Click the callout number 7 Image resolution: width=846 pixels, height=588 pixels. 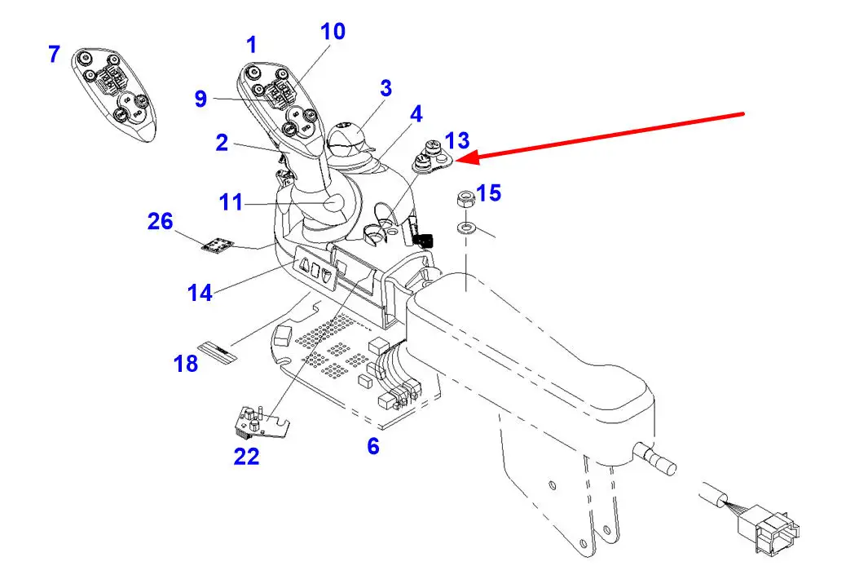54,55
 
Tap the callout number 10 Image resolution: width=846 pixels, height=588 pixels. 333,33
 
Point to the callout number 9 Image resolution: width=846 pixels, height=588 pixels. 200,99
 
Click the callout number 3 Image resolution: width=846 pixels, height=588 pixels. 386,88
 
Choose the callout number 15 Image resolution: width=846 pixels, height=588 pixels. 489,193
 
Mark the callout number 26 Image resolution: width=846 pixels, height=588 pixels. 160,220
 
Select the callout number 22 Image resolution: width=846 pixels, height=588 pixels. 246,457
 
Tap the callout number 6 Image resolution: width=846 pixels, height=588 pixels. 372,446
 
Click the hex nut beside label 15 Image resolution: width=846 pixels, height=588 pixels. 462,200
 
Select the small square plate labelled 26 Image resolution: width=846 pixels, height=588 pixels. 217,245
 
